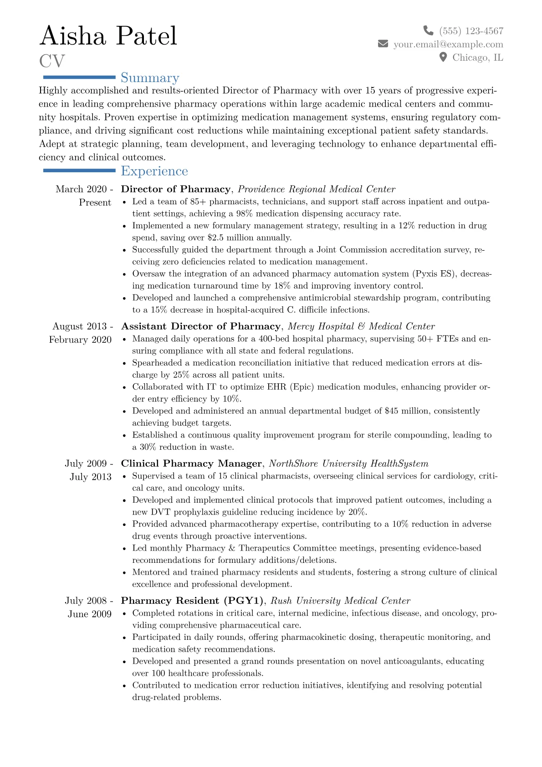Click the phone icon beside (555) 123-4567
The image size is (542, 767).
point(428,31)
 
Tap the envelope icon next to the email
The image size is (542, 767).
point(383,44)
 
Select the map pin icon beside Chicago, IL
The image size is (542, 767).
point(443,57)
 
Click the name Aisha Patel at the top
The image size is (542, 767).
point(108,36)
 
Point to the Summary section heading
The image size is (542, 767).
point(150,78)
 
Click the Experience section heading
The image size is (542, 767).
point(154,171)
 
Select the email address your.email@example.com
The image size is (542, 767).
point(448,44)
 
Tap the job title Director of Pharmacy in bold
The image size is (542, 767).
point(176,189)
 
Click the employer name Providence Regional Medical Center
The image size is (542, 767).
point(317,189)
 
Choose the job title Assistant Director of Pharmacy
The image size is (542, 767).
point(201,326)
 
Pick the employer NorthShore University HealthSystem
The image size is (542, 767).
point(348,463)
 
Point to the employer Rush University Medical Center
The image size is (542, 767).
point(340,601)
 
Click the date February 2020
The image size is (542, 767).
point(80,340)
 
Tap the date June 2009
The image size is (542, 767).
point(90,614)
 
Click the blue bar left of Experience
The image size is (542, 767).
point(79,170)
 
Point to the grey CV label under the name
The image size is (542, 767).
point(52,61)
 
